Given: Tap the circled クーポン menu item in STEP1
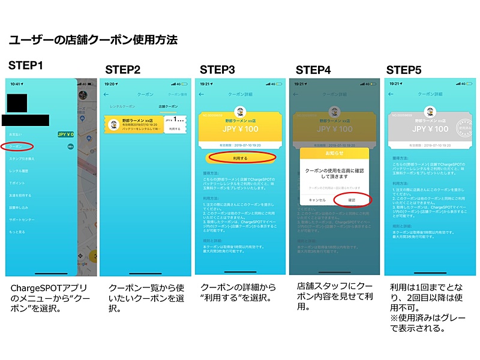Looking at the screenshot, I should [16, 146].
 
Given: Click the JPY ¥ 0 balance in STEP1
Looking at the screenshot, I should [65, 134].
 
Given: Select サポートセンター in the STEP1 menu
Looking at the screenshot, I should [22, 219].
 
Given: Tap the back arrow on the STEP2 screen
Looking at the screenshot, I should [107, 94].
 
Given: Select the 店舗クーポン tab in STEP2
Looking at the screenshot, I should [167, 106].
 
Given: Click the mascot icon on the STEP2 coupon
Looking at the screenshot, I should [112, 124].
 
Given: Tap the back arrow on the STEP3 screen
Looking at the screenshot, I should [202, 94].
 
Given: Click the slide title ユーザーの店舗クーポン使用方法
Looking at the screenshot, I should [93, 41].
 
